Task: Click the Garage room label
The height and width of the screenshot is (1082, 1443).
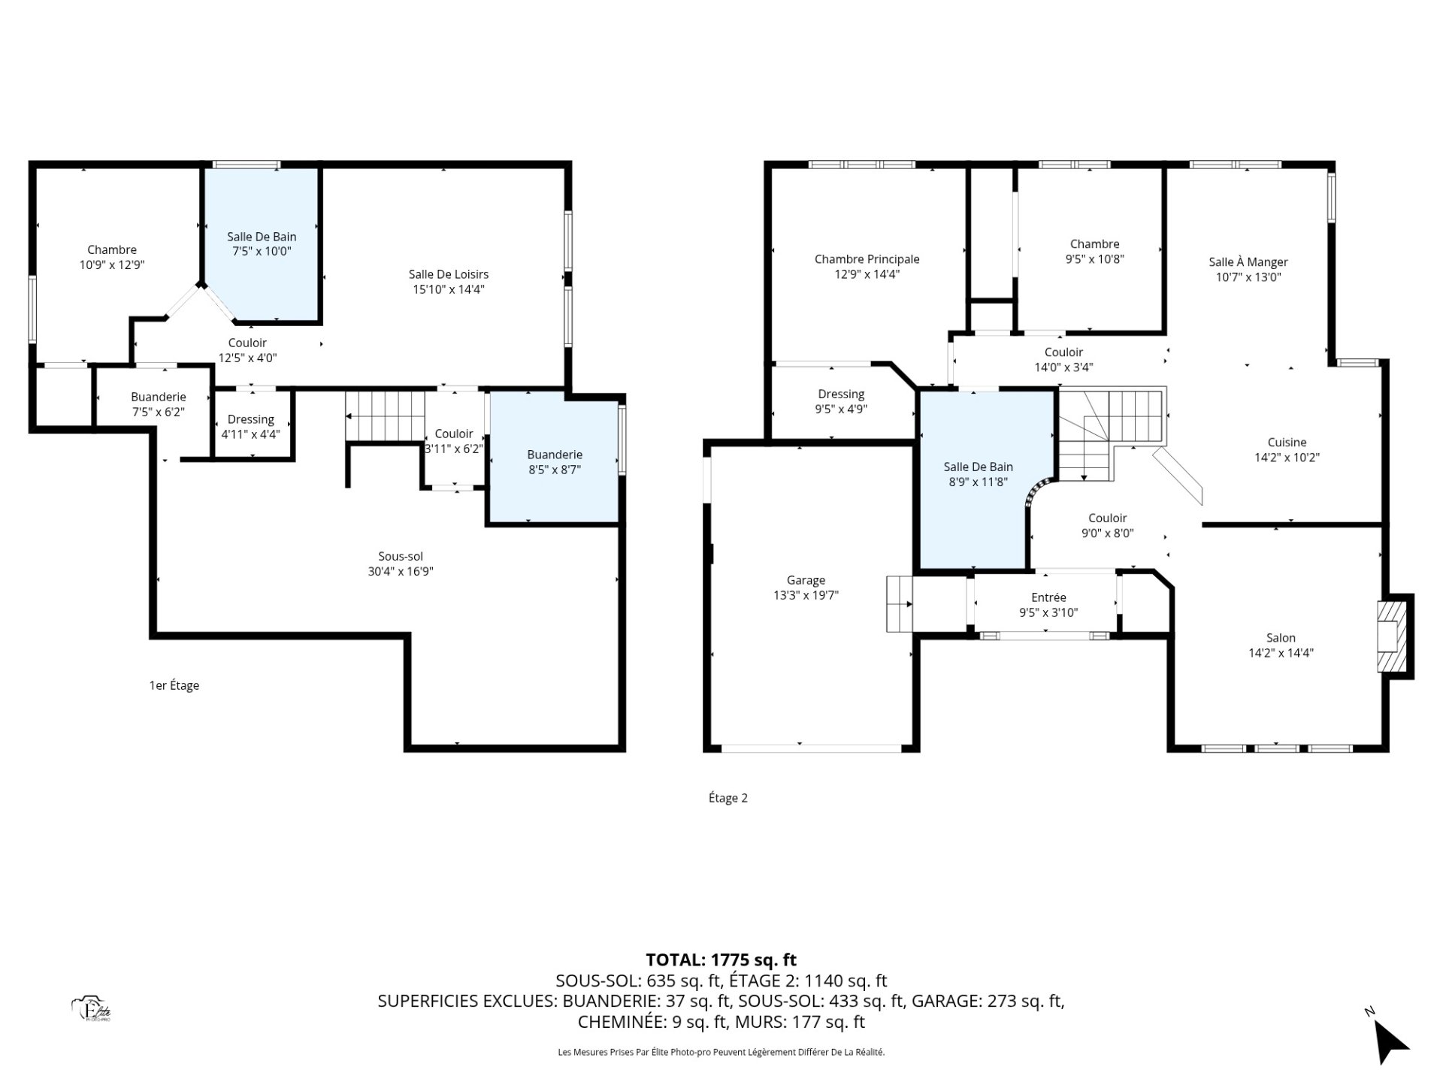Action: (806, 580)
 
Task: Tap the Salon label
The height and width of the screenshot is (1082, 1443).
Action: (1281, 638)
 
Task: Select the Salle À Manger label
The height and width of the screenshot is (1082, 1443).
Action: (1248, 261)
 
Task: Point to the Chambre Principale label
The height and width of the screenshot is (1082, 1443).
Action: (867, 259)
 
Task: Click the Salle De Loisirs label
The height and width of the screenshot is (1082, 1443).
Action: (449, 274)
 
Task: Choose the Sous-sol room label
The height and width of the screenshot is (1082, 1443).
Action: (401, 557)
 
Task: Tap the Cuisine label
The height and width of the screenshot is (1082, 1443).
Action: (1287, 443)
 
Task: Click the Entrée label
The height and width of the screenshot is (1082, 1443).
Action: (1048, 597)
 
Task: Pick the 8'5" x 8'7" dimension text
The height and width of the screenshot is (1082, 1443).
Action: (555, 470)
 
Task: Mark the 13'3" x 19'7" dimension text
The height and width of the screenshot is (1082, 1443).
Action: (806, 595)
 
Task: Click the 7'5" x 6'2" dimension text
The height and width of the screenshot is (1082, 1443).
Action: (158, 412)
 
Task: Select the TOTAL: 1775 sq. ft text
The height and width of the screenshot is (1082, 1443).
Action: (721, 960)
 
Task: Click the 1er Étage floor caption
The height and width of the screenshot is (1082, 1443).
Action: (174, 685)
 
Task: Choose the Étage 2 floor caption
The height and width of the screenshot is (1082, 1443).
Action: (728, 798)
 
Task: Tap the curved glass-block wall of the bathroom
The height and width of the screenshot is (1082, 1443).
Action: (1039, 494)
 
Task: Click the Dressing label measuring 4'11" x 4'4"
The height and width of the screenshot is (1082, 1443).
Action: (251, 419)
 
